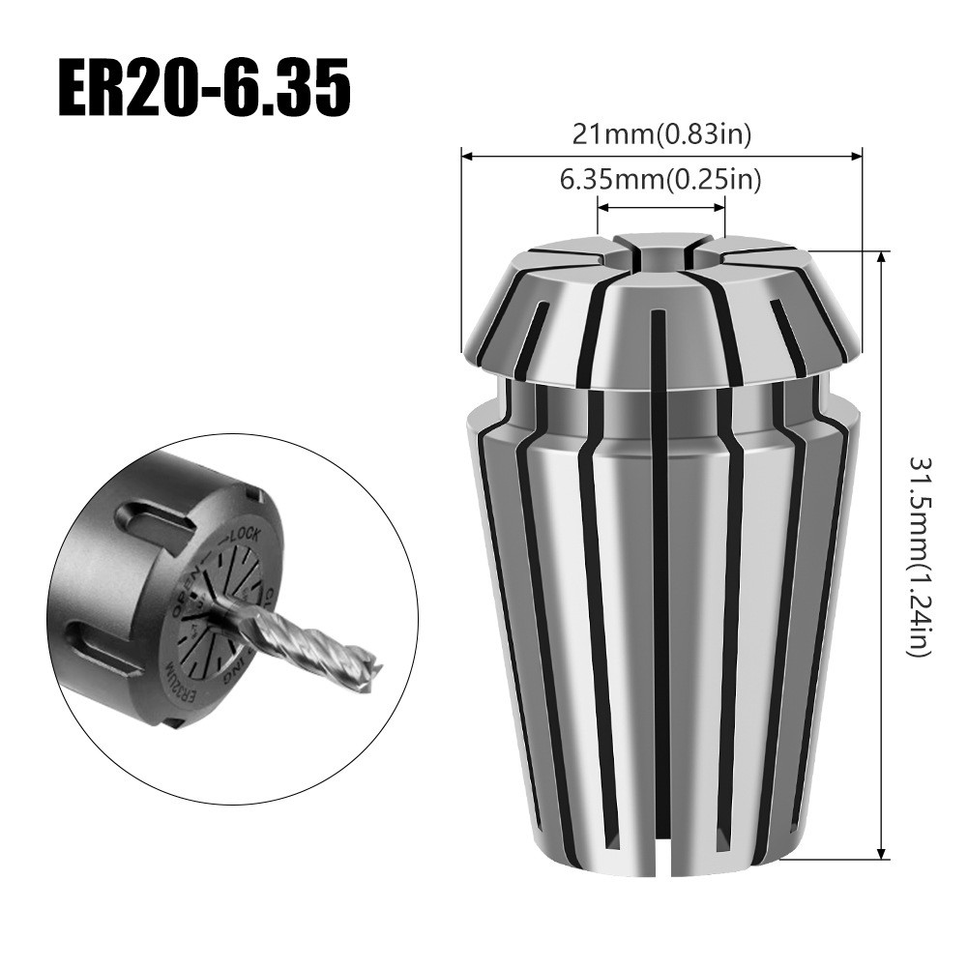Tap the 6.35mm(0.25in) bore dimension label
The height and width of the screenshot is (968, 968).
pyautogui.click(x=661, y=180)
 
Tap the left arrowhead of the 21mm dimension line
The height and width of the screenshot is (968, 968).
pyautogui.click(x=465, y=154)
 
